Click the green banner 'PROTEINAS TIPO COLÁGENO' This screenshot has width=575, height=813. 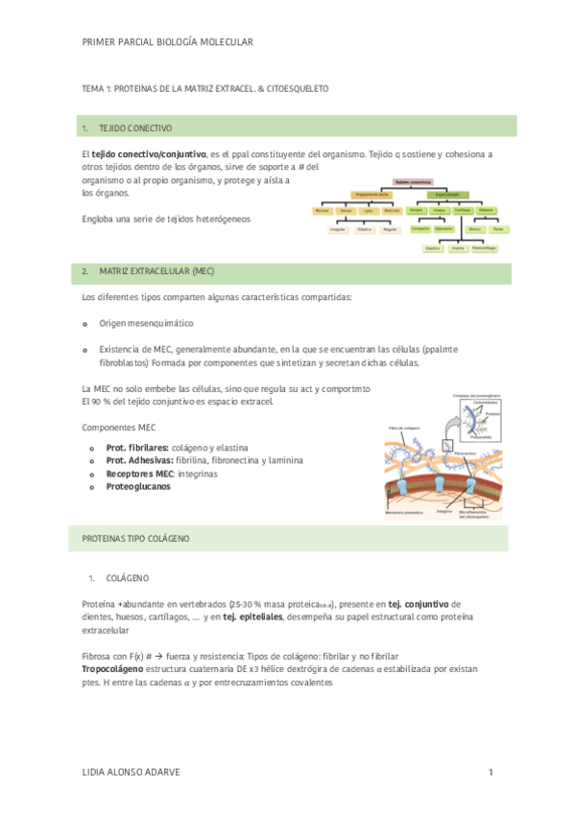[137, 539]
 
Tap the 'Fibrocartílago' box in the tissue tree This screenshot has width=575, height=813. [484, 248]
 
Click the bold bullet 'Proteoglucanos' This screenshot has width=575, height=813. [138, 486]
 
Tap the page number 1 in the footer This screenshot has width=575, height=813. [491, 773]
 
